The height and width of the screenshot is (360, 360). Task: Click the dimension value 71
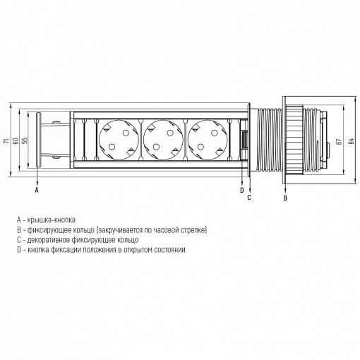(6, 140)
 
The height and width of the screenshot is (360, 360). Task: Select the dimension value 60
(16, 140)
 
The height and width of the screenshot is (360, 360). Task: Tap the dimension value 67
(339, 141)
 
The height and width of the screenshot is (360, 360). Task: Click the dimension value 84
(352, 141)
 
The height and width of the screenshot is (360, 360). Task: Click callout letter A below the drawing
(37, 190)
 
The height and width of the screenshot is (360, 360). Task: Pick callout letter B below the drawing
(285, 198)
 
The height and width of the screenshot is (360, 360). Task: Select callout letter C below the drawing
(249, 198)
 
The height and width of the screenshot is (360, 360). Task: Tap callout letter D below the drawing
(242, 191)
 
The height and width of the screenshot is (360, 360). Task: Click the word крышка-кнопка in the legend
(52, 220)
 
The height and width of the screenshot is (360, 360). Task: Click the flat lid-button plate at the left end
(38, 140)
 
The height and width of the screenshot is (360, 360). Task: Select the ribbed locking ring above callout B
(294, 140)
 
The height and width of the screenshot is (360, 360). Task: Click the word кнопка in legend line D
(38, 250)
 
